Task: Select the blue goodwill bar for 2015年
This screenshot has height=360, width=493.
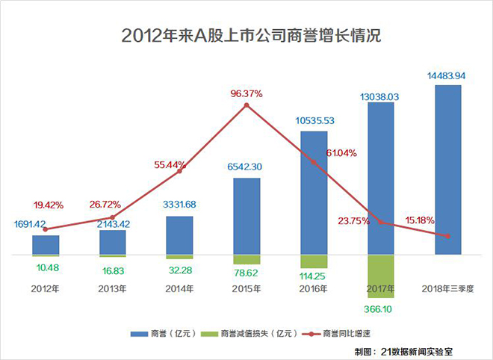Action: (246, 216)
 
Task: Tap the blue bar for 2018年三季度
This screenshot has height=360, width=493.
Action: (447, 170)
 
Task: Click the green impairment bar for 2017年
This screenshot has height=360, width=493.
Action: (381, 276)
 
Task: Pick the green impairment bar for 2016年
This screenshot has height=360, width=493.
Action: (314, 261)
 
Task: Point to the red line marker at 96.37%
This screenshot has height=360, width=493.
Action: (246, 105)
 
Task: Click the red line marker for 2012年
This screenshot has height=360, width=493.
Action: (46, 229)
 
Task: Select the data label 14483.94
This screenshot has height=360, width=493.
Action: (447, 75)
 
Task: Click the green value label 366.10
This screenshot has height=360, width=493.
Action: (381, 308)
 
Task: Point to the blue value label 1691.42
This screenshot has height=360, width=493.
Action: (32, 223)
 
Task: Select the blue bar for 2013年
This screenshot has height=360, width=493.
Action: (113, 242)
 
